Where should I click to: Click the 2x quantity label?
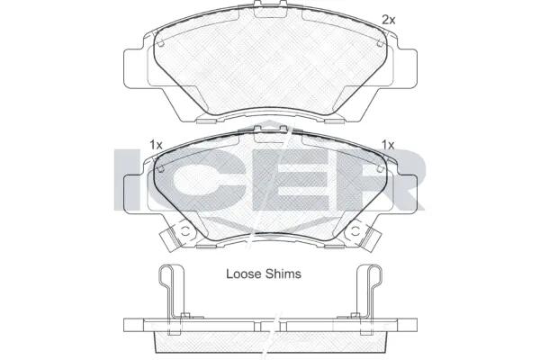click(x=389, y=21)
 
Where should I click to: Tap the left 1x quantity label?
click(x=156, y=145)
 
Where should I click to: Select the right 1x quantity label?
click(x=388, y=145)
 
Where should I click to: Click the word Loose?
click(x=244, y=274)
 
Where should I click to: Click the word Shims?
click(x=283, y=274)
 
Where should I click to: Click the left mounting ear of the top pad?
click(x=132, y=67)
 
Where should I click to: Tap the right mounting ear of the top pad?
click(x=408, y=67)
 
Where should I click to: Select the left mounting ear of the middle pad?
click(x=132, y=193)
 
